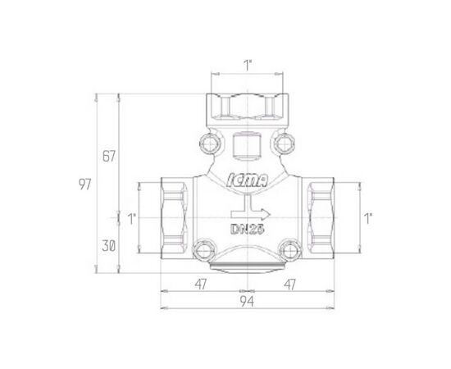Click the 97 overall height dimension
tap(84, 184)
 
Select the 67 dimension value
tap(109, 156)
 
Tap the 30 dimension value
tap(109, 246)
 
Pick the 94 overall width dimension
tap(247, 302)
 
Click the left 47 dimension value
tap(200, 285)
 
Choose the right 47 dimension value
tap(289, 285)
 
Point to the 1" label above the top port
tap(248, 66)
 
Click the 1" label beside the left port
tap(131, 219)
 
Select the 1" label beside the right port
tap(368, 219)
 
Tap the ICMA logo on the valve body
tap(248, 181)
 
